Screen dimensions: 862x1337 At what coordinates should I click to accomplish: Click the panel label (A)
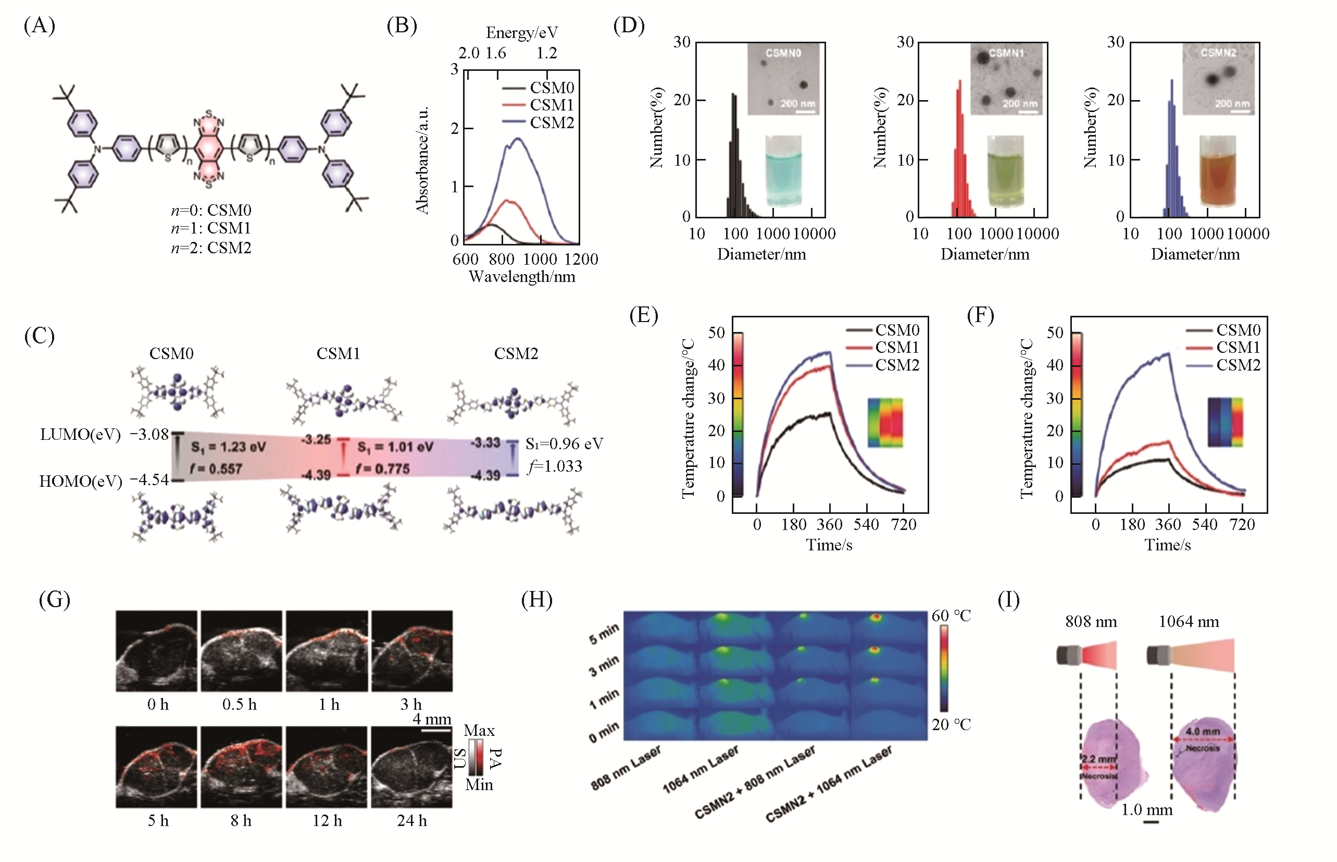tap(39, 26)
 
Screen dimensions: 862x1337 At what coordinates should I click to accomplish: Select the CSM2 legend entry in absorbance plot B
tap(551, 122)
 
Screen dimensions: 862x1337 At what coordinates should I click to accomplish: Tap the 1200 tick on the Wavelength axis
tap(581, 259)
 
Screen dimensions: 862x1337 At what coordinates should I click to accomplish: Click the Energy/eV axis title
tap(521, 32)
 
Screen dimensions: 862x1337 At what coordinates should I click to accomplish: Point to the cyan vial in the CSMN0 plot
tap(783, 171)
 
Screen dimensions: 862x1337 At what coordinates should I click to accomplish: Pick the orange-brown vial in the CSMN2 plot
tap(1217, 171)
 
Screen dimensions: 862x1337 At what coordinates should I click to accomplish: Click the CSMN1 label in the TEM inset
tap(1006, 53)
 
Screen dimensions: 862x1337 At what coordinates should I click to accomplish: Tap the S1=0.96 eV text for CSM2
tap(564, 444)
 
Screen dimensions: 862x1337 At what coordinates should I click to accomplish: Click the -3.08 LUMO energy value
tap(149, 434)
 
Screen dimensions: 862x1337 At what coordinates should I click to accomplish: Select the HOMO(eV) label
tap(80, 481)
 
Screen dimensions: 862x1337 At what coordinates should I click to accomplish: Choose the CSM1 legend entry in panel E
tap(897, 348)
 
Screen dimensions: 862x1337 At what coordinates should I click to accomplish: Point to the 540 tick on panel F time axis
tap(1204, 524)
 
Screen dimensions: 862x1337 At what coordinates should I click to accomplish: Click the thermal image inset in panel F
tap(1225, 422)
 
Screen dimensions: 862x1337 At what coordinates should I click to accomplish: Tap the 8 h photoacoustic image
tap(241, 767)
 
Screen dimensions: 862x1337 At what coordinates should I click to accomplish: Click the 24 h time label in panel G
tap(412, 821)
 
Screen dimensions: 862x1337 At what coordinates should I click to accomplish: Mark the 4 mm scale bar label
tap(432, 719)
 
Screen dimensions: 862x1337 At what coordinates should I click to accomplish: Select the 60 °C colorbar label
tap(951, 615)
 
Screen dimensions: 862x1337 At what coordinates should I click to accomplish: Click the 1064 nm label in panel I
tap(1188, 621)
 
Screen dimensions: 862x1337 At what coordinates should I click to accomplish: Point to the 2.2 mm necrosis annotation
tap(1098, 759)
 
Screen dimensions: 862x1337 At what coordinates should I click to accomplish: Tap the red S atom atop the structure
tap(209, 114)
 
